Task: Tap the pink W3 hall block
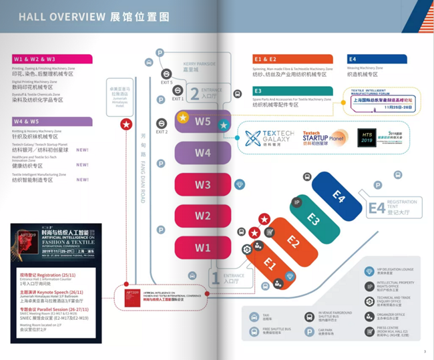pyautogui.click(x=203, y=185)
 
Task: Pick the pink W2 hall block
pyautogui.click(x=203, y=216)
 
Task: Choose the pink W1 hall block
pyautogui.click(x=203, y=248)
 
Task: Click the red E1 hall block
pyautogui.click(x=270, y=262)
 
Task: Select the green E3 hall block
pyautogui.click(x=314, y=218)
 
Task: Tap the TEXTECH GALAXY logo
pyautogui.click(x=268, y=138)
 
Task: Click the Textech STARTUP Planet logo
pyautogui.click(x=324, y=138)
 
